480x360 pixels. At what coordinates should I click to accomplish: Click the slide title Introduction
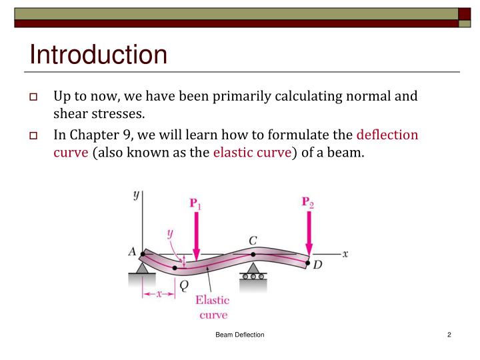[x=98, y=55]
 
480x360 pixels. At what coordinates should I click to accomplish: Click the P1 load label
[x=196, y=203]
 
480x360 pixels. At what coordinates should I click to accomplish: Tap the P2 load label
[x=307, y=202]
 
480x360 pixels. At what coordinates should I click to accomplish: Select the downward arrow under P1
[x=196, y=236]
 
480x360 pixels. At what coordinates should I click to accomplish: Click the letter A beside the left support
[x=132, y=252]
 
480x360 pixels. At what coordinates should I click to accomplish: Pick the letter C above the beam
[x=253, y=240]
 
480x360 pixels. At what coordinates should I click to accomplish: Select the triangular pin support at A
[x=142, y=267]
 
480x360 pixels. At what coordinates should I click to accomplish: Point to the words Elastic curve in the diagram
[x=213, y=307]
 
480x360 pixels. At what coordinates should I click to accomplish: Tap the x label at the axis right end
[x=345, y=254]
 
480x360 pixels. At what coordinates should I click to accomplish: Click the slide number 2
[x=449, y=335]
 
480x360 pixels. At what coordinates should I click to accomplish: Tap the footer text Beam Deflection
[x=239, y=335]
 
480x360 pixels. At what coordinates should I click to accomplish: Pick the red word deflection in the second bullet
[x=387, y=135]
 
